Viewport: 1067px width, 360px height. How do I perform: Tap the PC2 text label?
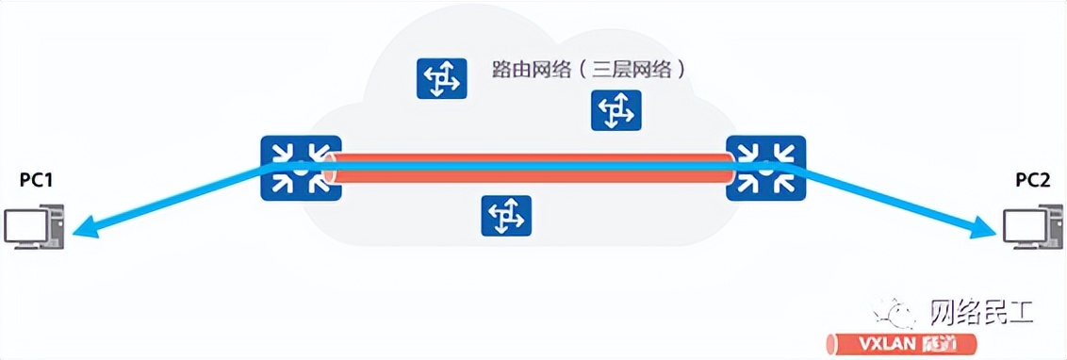[1032, 181]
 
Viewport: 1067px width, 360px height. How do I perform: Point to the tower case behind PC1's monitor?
[54, 227]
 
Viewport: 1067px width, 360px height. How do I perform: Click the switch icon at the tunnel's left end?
[300, 168]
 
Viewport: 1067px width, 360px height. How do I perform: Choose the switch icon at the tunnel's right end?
[765, 168]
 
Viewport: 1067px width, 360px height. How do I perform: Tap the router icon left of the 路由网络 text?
[441, 78]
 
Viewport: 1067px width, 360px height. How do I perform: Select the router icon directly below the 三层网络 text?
[616, 110]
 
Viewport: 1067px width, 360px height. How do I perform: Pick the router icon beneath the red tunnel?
[506, 216]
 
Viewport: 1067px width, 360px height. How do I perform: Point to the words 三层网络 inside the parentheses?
[631, 70]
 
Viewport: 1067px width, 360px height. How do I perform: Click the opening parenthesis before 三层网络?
[584, 70]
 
